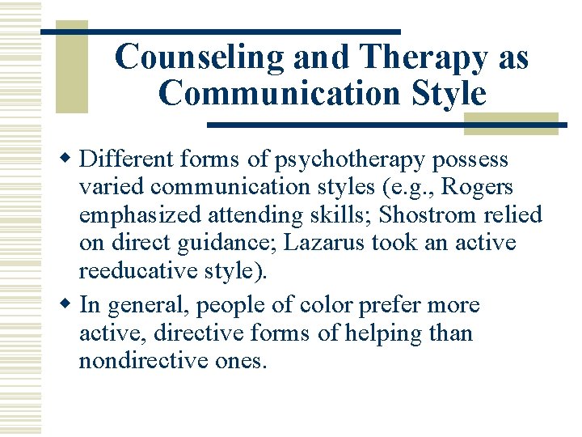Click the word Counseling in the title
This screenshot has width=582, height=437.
[200, 57]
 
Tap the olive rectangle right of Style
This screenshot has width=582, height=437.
[511, 121]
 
